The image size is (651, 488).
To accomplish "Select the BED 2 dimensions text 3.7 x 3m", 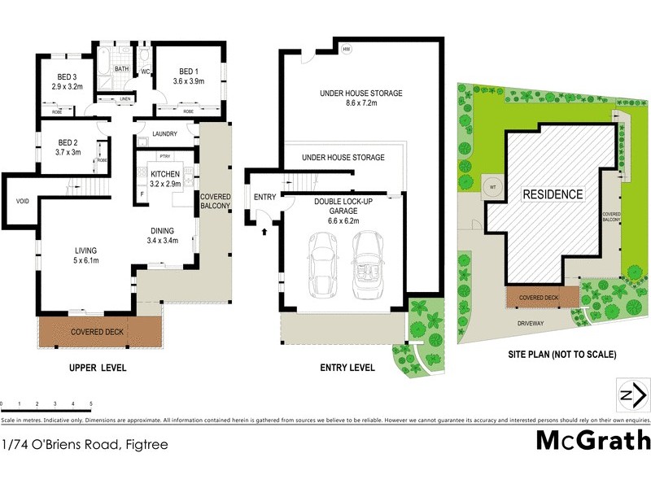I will click(68, 151).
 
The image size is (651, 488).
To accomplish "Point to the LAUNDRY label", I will click(164, 134).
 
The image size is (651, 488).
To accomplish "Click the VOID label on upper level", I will click(21, 201).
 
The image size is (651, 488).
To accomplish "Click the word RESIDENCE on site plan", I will click(553, 194).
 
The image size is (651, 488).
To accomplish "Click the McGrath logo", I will click(593, 440).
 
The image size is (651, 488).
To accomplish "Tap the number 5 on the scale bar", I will click(91, 404).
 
